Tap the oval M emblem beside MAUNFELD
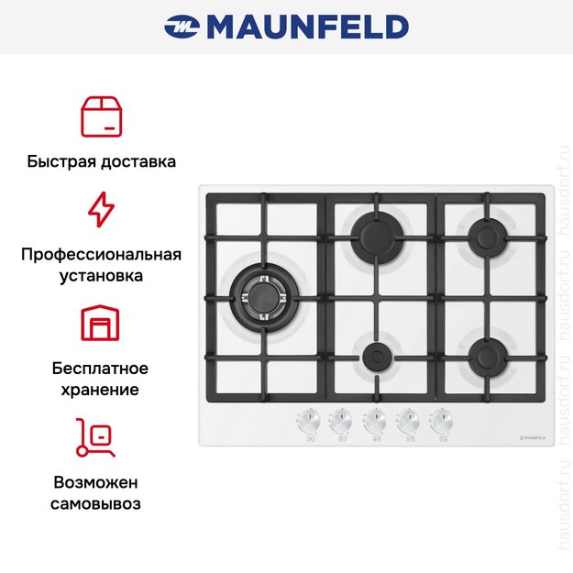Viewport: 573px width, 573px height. (182, 27)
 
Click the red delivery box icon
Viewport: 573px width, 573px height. (101, 116)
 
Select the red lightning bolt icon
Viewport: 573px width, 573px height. (101, 209)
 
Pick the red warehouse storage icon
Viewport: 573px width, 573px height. (100, 323)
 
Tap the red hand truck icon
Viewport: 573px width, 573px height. (95, 438)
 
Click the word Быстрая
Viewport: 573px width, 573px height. (61, 161)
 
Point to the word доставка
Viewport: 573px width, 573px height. (138, 161)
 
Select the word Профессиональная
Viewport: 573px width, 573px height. (101, 255)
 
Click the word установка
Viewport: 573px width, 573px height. (101, 276)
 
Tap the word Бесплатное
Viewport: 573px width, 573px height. (100, 369)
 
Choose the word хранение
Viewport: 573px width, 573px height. (100, 390)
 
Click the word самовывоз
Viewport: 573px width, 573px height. (95, 504)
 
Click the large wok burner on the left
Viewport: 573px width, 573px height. (264, 298)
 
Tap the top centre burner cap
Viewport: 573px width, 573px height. (377, 237)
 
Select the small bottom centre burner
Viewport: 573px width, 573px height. (377, 357)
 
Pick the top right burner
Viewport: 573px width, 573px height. (488, 237)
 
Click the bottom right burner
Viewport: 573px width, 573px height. (488, 358)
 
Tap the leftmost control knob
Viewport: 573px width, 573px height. (308, 421)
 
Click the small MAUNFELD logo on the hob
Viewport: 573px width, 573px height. (533, 437)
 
